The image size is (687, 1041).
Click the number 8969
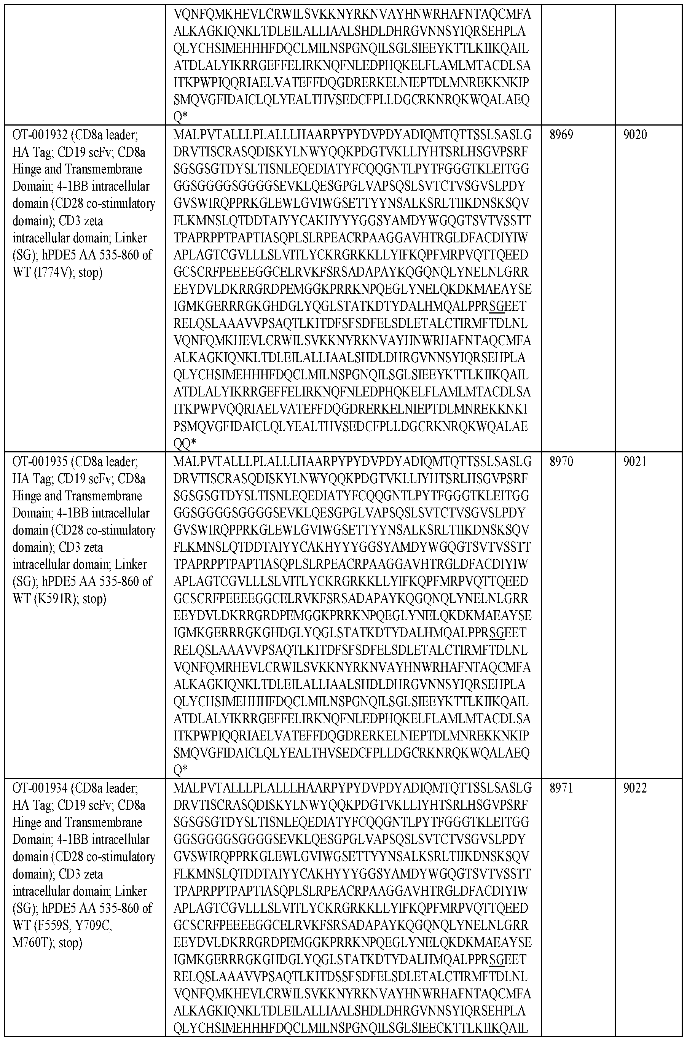(561, 135)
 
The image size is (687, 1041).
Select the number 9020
(635, 135)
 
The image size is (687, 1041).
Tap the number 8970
(561, 462)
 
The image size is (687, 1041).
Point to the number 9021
(635, 462)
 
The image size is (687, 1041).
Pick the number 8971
(561, 788)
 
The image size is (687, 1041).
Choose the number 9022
(635, 788)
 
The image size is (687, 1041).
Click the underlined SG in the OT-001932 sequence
(496, 307)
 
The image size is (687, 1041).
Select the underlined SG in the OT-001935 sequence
(496, 633)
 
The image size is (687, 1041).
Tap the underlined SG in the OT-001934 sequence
(496, 960)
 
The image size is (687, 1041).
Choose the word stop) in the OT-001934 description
(69, 942)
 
